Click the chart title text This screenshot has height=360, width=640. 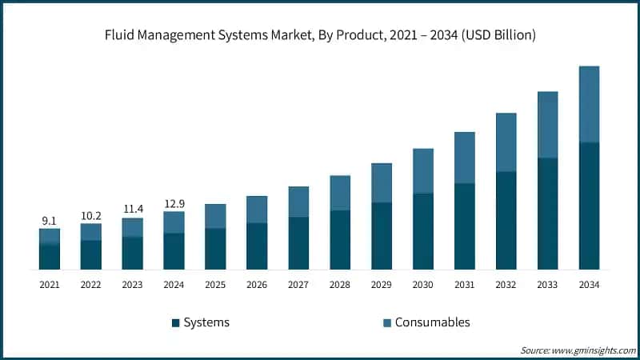(320, 35)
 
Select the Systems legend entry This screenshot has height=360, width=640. (206, 322)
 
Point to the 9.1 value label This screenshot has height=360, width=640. (50, 221)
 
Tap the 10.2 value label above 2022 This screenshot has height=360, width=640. (91, 215)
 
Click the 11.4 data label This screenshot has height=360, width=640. (133, 210)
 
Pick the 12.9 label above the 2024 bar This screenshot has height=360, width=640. (174, 203)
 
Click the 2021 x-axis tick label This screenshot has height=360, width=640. (50, 284)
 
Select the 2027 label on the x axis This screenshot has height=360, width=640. (298, 284)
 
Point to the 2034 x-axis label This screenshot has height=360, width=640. (589, 284)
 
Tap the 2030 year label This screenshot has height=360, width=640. (423, 284)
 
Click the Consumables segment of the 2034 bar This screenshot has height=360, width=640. (589, 104)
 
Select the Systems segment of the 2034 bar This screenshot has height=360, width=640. (589, 206)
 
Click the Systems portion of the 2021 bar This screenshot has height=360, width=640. (50, 256)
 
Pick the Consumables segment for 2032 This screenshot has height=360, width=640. (506, 142)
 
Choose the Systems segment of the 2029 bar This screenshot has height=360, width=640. (382, 235)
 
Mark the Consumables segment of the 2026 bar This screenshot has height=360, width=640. (257, 209)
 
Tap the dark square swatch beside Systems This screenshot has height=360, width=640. (175, 322)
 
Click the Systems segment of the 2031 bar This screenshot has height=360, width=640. (465, 226)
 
